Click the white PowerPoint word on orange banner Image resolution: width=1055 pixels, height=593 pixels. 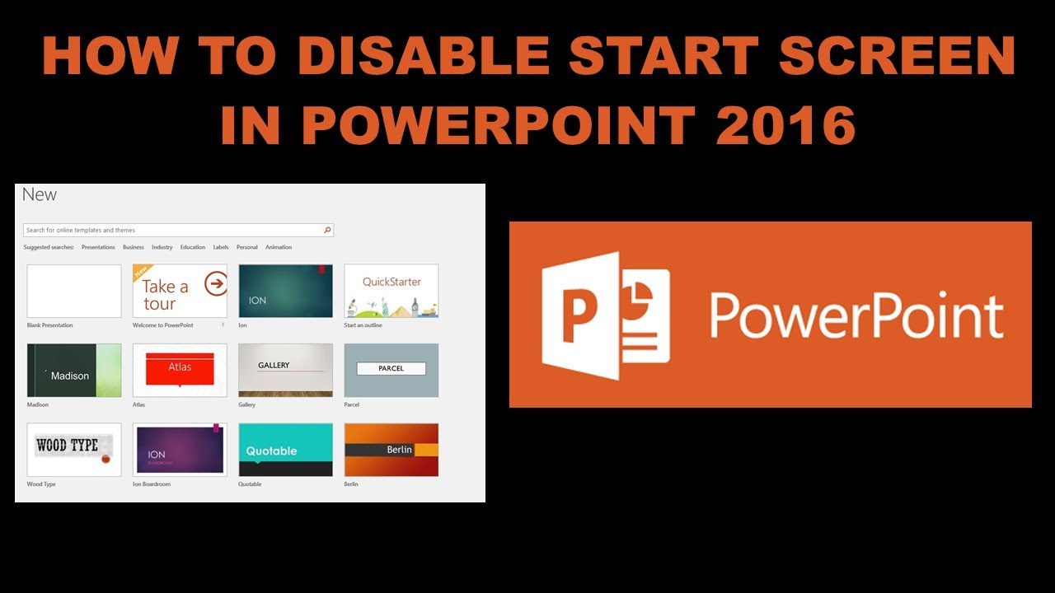coord(856,316)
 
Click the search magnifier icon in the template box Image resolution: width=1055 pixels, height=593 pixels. coord(327,231)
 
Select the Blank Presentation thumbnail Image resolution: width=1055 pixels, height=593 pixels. coord(74,291)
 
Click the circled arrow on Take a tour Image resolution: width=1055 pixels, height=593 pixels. coord(216,283)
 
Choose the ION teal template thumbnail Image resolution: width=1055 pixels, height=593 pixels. coord(285,291)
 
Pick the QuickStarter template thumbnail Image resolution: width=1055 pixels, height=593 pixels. coord(392,291)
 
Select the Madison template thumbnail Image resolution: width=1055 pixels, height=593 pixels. coord(74,371)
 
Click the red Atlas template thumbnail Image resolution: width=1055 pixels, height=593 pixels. coord(180,371)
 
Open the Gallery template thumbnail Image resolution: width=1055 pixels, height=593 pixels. coord(285,371)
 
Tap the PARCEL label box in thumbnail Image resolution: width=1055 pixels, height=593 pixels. coord(392,368)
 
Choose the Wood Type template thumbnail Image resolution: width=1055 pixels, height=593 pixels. coord(74,450)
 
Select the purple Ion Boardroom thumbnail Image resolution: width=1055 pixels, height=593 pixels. coord(180,450)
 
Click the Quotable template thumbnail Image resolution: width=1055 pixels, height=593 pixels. coord(285,450)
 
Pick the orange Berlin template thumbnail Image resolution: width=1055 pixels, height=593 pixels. coord(392,450)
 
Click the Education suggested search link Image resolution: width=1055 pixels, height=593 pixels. coord(193,247)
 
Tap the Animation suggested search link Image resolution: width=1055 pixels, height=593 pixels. coord(279,247)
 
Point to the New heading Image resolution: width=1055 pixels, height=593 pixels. coord(40,195)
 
